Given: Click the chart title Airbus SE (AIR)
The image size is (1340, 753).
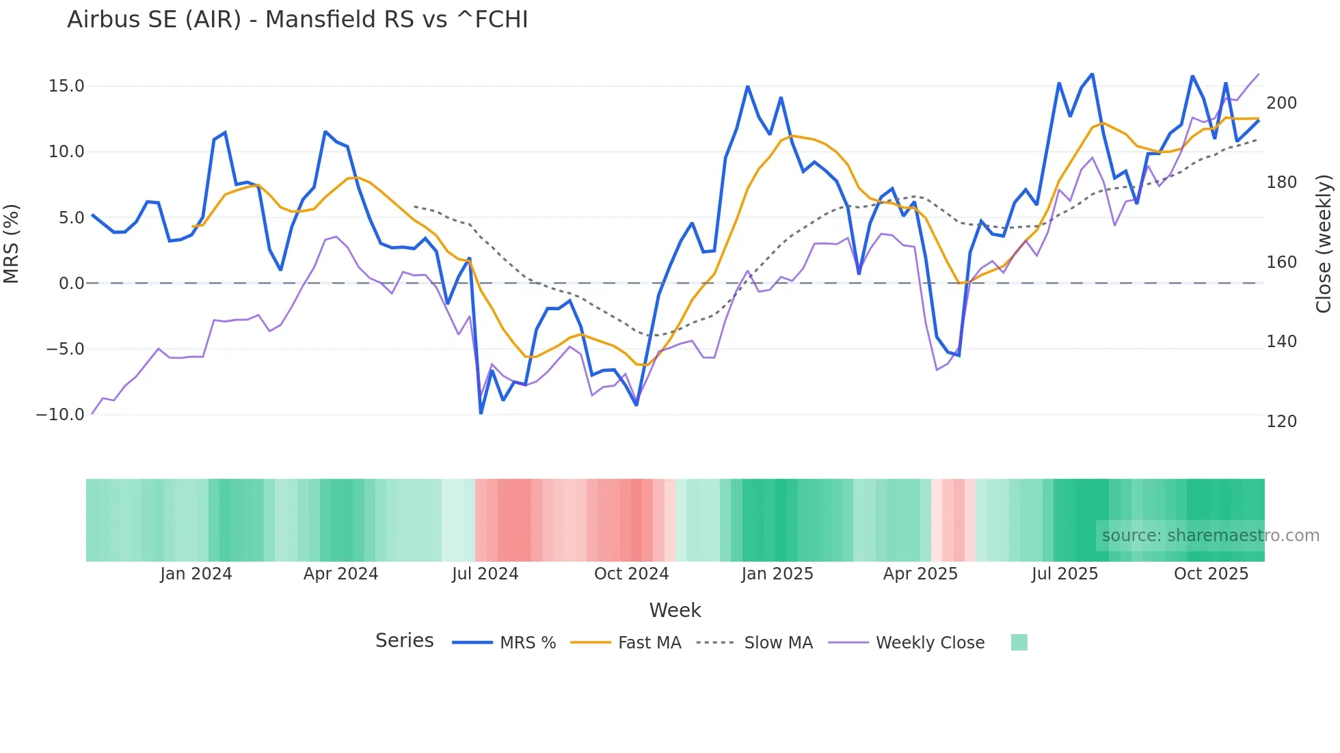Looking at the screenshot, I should (297, 20).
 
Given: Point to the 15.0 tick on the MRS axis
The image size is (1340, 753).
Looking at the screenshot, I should (66, 86).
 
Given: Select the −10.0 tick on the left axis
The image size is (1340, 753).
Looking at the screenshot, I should (60, 415).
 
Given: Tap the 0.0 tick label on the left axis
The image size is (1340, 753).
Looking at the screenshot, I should (71, 284).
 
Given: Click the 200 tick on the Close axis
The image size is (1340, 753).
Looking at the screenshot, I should (1281, 103).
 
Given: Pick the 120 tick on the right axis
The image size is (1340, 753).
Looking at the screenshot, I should (1281, 422).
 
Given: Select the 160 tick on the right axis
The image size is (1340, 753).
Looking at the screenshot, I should (1281, 262).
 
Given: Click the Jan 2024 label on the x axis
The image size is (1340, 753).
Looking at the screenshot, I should (196, 574).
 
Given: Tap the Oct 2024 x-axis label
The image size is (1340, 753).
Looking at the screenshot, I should (631, 574).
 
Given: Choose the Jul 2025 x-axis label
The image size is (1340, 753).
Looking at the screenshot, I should (1064, 574).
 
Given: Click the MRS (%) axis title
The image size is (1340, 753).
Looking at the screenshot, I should (12, 244).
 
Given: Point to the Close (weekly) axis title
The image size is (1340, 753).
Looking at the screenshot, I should (1324, 244).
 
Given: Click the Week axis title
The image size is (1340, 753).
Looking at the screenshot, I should (675, 610).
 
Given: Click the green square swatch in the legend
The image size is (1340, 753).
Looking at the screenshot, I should (1019, 642).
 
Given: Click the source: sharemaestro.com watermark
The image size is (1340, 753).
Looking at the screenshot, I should (1210, 536).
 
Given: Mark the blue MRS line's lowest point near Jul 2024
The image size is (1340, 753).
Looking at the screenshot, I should (481, 413).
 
